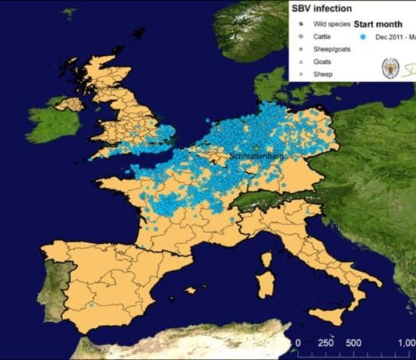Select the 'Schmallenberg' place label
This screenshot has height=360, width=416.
click(x=258, y=157)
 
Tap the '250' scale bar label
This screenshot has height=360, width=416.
click(x=326, y=344)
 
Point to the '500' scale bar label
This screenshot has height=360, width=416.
click(x=353, y=344)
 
